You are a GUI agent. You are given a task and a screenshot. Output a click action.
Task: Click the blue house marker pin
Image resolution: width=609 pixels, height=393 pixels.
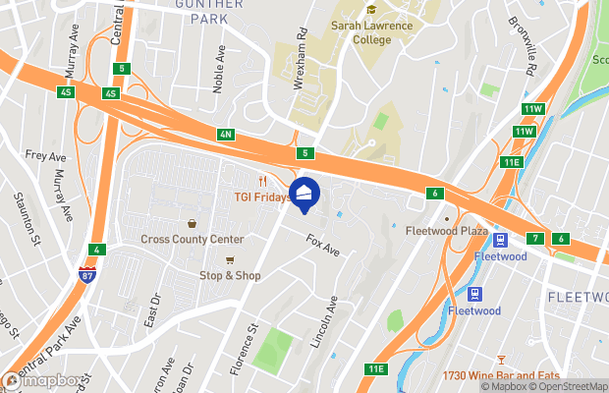click(304, 194)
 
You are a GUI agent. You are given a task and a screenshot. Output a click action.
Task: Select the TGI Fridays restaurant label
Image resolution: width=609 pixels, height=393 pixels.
click(260, 196)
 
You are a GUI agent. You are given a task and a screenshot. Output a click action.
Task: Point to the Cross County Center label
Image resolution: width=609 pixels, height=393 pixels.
click(192, 239)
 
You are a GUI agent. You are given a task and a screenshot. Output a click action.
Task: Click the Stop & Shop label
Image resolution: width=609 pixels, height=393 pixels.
click(230, 275)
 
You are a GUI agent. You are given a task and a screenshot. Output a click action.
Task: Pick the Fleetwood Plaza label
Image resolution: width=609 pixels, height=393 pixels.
click(447, 232)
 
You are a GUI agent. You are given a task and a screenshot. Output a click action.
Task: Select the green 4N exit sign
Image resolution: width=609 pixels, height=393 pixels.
click(226, 134)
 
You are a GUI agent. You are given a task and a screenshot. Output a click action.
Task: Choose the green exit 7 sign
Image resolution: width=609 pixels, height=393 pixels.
click(535, 239)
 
